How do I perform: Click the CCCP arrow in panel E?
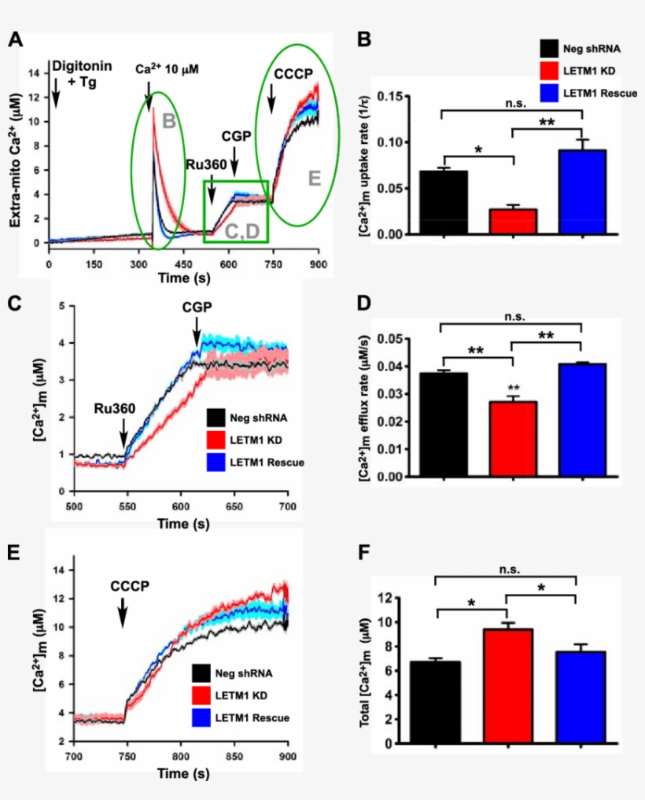click(123, 610)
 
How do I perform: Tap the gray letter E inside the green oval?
click(314, 179)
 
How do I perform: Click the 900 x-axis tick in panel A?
click(318, 264)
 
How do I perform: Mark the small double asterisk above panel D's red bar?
click(514, 389)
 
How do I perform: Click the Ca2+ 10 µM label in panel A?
click(167, 70)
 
